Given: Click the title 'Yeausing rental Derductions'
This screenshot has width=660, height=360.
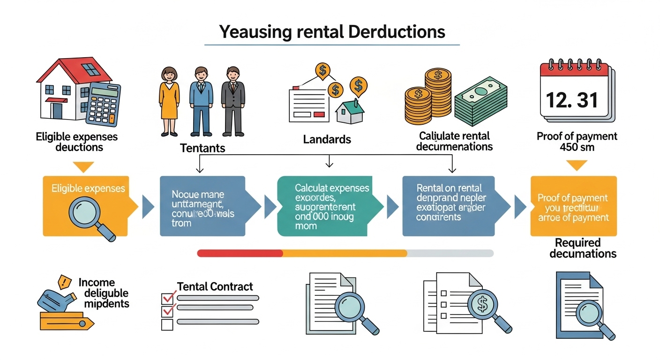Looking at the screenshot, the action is point(332,32).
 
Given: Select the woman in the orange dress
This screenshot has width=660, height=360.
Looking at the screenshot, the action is point(169,100).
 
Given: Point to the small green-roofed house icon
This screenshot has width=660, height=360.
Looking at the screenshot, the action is point(350,112).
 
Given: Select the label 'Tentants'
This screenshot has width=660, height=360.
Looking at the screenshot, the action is point(202,149).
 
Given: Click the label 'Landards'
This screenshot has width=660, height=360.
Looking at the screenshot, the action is point(327,139).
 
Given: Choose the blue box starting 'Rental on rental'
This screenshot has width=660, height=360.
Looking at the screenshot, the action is point(451,205).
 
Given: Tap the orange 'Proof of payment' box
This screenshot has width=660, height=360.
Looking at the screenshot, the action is point(573,206).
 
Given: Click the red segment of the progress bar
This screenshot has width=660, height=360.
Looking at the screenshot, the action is point(240,253).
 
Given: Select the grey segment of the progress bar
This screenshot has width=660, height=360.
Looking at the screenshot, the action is point(450,253).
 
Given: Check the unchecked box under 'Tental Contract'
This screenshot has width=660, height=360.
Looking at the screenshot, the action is point(167,324).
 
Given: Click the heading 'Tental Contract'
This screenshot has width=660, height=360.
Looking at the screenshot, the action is point(215,286).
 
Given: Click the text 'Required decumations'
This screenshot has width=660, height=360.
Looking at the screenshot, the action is point(583,248).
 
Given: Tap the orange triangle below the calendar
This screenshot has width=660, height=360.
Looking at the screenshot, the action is point(577,165).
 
